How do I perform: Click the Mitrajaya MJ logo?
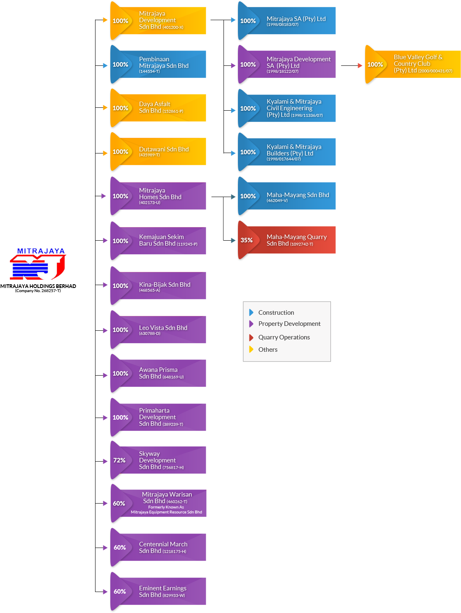click(38, 265)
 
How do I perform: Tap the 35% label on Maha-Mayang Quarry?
click(247, 240)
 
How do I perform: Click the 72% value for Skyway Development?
click(119, 460)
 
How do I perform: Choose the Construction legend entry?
click(276, 313)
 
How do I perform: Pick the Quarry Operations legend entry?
click(284, 337)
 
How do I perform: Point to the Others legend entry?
click(268, 350)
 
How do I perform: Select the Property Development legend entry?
click(289, 324)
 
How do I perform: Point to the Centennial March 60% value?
click(120, 548)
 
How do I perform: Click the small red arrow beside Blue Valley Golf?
click(360, 65)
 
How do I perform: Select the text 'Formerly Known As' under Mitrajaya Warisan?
click(166, 507)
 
